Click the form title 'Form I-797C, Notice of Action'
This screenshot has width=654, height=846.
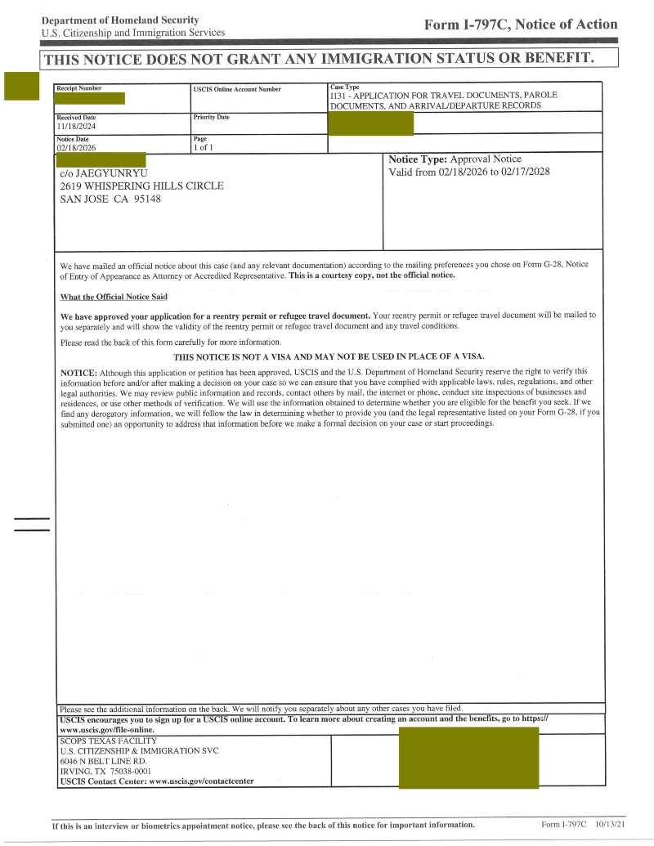(521, 25)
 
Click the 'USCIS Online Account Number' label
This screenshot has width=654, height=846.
(237, 89)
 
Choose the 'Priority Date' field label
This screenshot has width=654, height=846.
(211, 118)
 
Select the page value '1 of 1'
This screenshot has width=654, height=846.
(204, 148)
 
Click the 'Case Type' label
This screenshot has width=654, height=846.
(344, 87)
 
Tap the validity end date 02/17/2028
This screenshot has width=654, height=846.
(522, 172)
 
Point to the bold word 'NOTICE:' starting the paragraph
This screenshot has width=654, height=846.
(79, 372)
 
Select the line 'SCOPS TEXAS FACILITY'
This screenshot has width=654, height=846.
(107, 741)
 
